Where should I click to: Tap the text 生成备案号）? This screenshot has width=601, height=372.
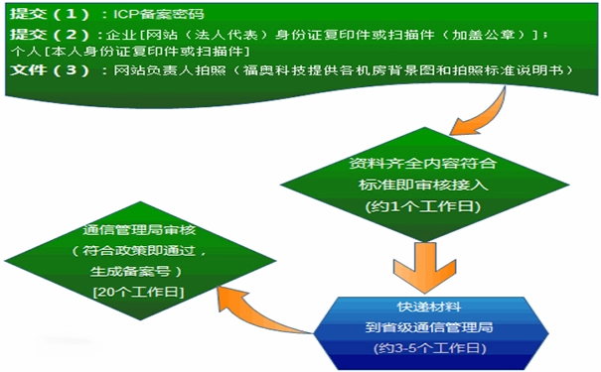119,271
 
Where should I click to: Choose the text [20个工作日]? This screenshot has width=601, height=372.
118,291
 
